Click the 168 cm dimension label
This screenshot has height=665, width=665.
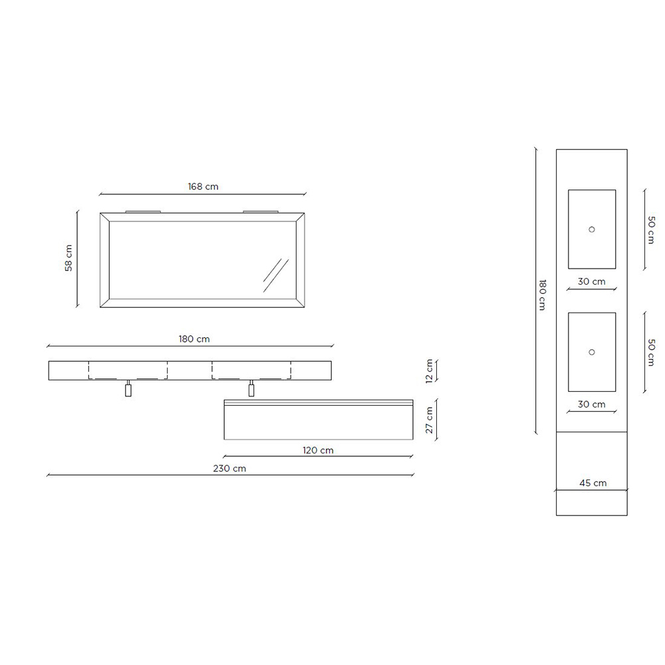coord(203,187)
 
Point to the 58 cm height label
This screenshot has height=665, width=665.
coord(68,258)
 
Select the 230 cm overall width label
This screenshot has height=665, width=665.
coord(229,469)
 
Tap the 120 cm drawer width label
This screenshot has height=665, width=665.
coord(318,450)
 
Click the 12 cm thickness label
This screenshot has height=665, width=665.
coord(429,370)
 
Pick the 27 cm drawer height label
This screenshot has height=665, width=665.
coord(429,420)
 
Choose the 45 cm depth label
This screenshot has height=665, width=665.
coord(593,483)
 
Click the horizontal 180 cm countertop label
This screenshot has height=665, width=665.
coord(194,339)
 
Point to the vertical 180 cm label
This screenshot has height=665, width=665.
coord(542,295)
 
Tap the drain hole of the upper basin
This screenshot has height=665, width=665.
coord(592,229)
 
